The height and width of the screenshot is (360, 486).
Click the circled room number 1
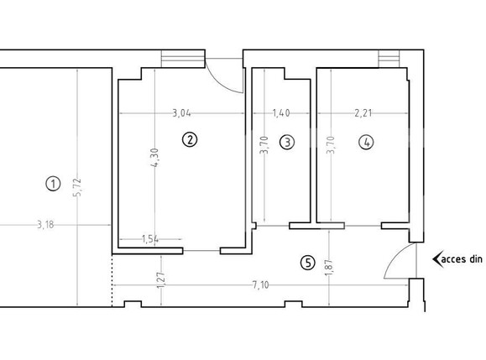click(53, 182)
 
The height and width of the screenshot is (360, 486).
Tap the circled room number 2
click(191, 140)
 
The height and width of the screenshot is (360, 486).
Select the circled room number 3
click(288, 143)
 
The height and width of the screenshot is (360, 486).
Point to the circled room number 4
click(366, 143)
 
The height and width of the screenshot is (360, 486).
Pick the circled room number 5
click(308, 263)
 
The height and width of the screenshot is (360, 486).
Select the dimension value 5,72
click(77, 185)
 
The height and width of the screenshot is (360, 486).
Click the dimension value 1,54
click(151, 239)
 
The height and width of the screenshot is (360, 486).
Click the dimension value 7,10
click(260, 285)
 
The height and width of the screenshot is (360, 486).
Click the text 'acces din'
click(460, 259)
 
